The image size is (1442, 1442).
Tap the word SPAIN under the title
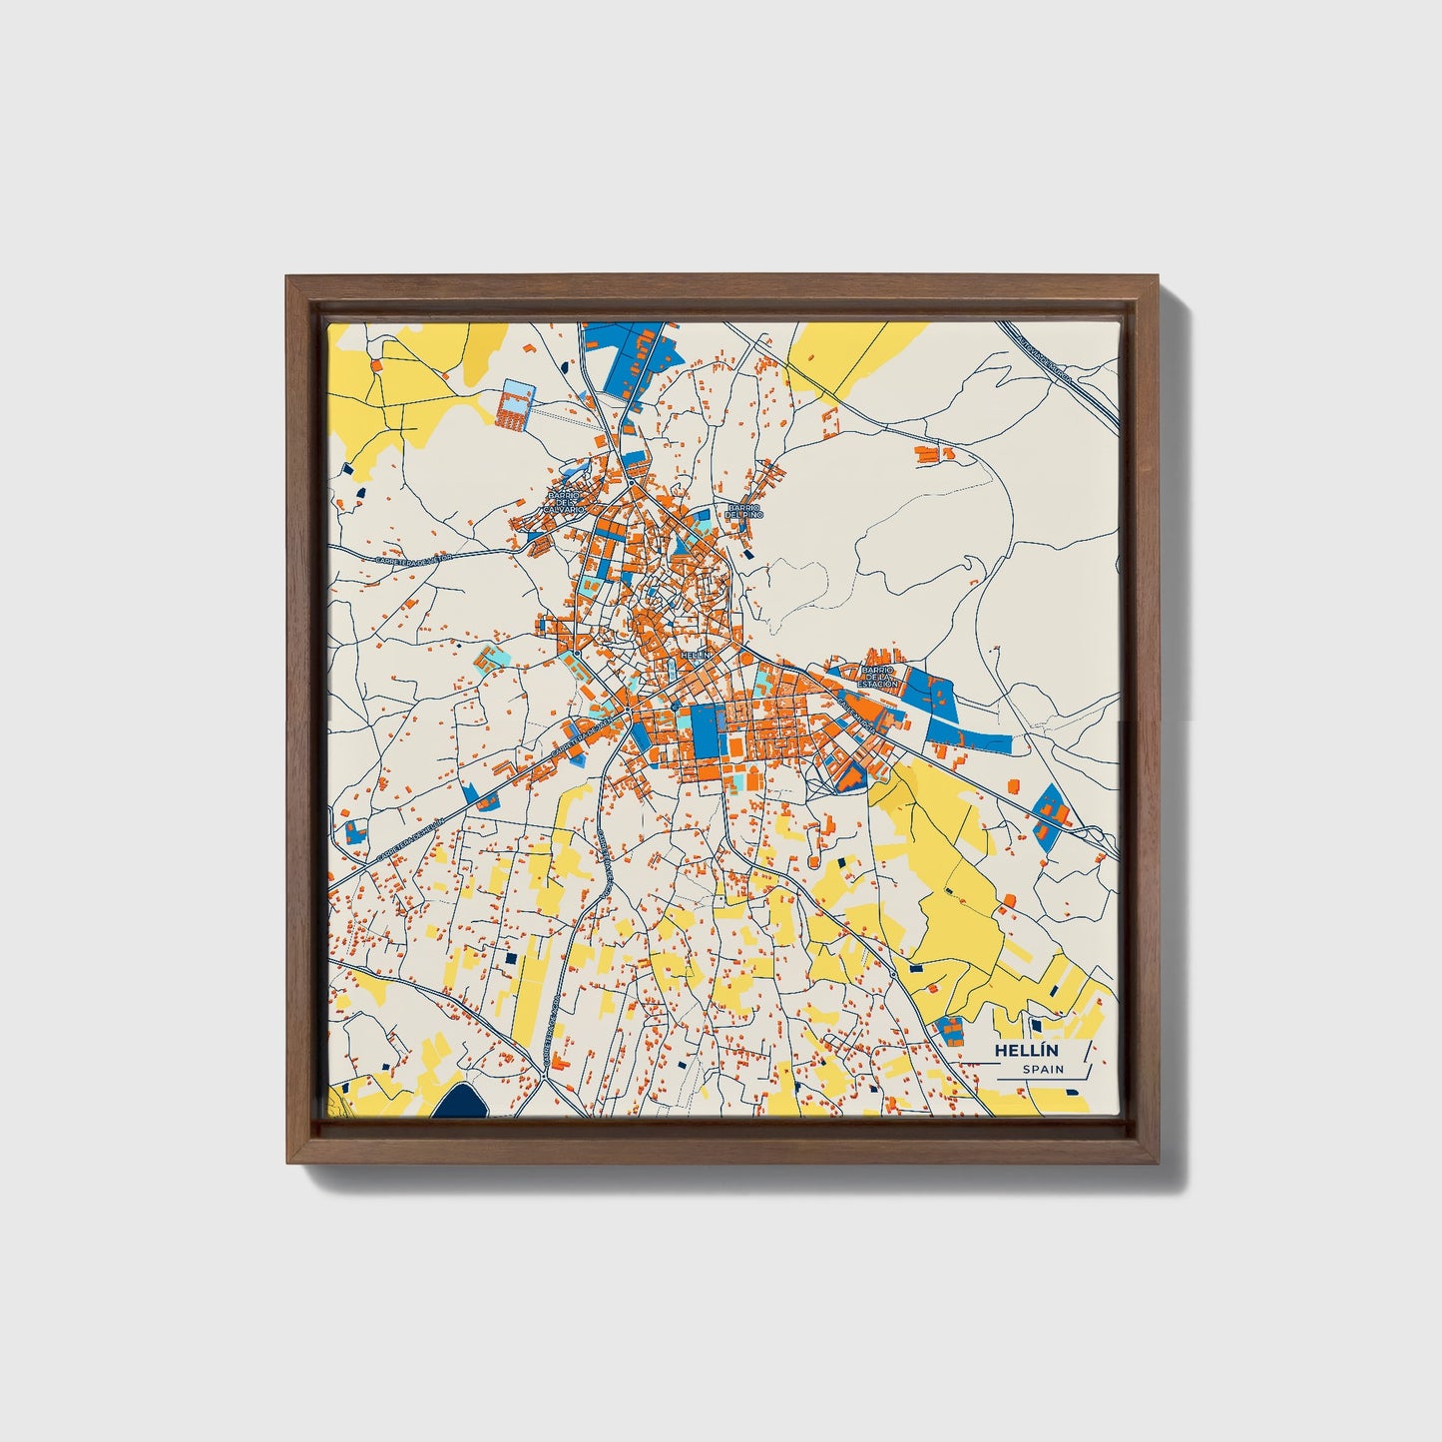click(1042, 1070)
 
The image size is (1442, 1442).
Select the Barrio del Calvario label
click(563, 502)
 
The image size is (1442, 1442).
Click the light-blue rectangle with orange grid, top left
click(514, 403)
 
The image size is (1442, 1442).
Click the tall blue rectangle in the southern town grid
click(707, 731)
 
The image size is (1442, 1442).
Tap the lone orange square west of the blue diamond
click(1013, 785)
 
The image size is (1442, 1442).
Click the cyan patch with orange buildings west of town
click(489, 659)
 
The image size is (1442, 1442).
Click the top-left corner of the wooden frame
click(288, 279)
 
